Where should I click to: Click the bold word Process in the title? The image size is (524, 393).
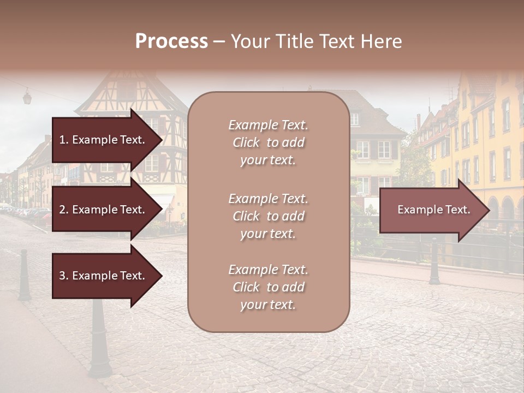[x=171, y=41]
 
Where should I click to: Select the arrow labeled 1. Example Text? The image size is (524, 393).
[x=106, y=140]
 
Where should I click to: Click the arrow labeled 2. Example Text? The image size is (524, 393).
[x=106, y=210]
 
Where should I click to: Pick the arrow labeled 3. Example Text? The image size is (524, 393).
[x=106, y=276]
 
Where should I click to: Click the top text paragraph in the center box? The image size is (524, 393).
[x=268, y=142]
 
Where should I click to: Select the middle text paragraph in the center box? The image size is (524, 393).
[x=268, y=216]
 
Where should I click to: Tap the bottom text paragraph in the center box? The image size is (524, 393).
[x=268, y=287]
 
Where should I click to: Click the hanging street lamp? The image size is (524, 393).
[x=27, y=98]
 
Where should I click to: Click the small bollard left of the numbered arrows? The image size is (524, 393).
[x=24, y=276]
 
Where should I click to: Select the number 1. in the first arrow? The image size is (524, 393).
[x=64, y=140]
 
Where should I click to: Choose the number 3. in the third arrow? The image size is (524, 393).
[x=64, y=276]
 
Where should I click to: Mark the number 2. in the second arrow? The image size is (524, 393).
[x=64, y=210]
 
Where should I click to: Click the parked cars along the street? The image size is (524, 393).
[x=27, y=212]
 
